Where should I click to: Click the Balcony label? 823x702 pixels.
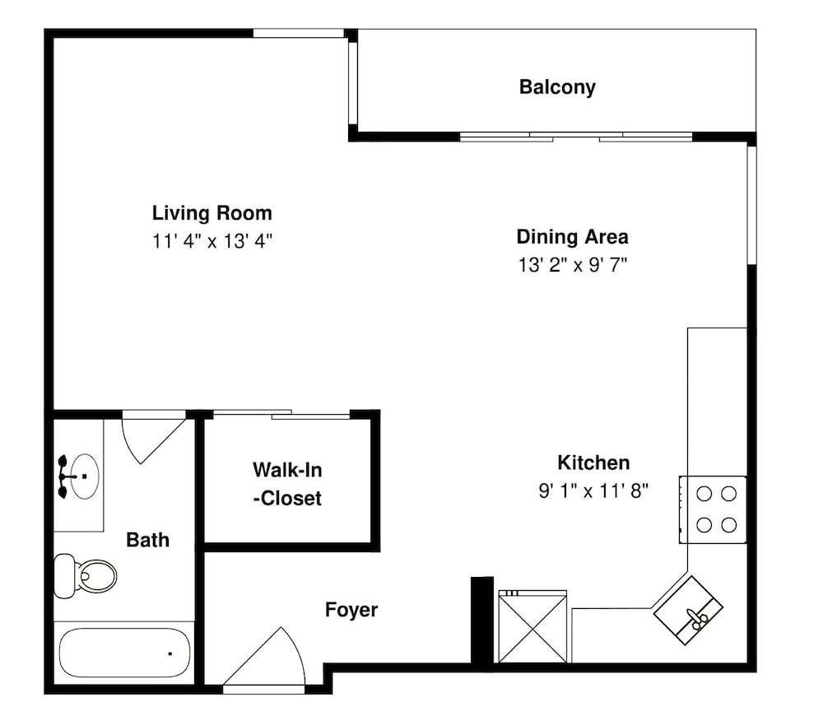click(557, 87)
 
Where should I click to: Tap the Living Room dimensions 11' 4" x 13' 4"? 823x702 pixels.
click(212, 241)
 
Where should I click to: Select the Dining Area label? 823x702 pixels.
click(573, 237)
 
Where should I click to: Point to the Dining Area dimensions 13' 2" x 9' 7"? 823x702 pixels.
click(573, 265)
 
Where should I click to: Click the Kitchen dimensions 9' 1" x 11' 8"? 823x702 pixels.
click(593, 491)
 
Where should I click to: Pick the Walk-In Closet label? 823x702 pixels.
click(287, 484)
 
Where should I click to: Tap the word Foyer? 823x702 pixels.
click(351, 610)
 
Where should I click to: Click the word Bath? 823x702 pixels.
click(148, 540)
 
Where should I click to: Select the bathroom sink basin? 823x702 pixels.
click(85, 476)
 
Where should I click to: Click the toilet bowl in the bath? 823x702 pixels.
click(95, 576)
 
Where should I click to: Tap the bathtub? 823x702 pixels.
click(124, 653)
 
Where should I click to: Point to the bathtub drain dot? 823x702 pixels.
click(170, 653)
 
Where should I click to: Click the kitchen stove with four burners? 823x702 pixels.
click(714, 509)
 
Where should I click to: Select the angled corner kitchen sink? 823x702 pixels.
click(688, 610)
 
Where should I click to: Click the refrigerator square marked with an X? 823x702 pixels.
click(532, 626)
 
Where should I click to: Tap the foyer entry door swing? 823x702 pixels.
click(264, 656)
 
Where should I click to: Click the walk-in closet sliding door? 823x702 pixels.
click(281, 415)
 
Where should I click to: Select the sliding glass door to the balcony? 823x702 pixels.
click(576, 137)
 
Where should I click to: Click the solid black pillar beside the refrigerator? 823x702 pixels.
click(481, 621)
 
